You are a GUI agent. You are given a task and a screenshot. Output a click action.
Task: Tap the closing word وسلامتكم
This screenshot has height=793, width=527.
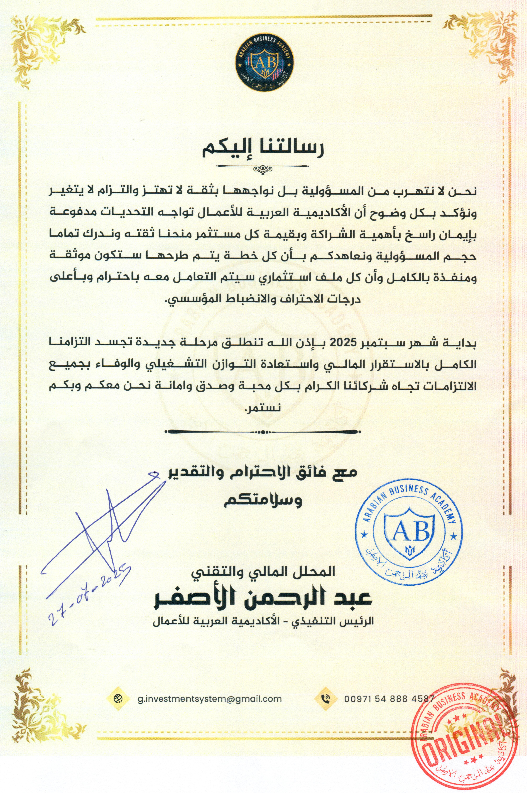pyautogui.click(x=263, y=501)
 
